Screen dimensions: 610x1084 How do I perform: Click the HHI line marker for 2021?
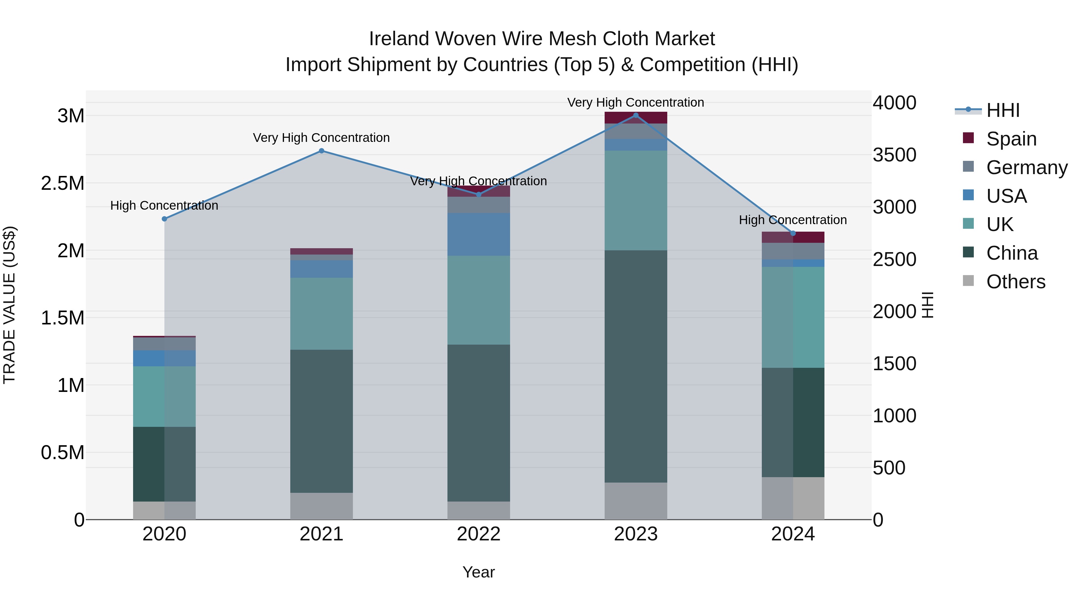(322, 151)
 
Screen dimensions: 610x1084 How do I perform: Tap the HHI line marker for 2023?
(636, 115)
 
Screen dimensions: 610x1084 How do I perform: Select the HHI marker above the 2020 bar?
(164, 219)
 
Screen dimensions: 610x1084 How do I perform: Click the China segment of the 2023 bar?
(636, 366)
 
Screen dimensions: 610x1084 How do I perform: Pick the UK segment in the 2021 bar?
(322, 314)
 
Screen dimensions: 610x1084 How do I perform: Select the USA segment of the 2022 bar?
(478, 234)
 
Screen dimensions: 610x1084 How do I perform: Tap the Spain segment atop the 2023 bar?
(636, 118)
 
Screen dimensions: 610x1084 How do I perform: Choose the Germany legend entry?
(1027, 167)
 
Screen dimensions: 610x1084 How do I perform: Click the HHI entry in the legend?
(1003, 110)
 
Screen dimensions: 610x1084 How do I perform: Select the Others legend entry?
(1015, 282)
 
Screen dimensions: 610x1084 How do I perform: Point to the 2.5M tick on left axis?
(62, 183)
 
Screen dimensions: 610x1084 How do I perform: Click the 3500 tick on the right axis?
(894, 155)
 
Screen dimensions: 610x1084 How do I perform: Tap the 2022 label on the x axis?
(478, 534)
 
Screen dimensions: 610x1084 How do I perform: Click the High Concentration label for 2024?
(793, 220)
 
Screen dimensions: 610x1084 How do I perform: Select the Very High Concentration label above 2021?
(322, 138)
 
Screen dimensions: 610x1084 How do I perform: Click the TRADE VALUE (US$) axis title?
(9, 305)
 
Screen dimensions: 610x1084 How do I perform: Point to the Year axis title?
(478, 572)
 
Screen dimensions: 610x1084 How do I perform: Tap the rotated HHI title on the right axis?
(927, 305)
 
